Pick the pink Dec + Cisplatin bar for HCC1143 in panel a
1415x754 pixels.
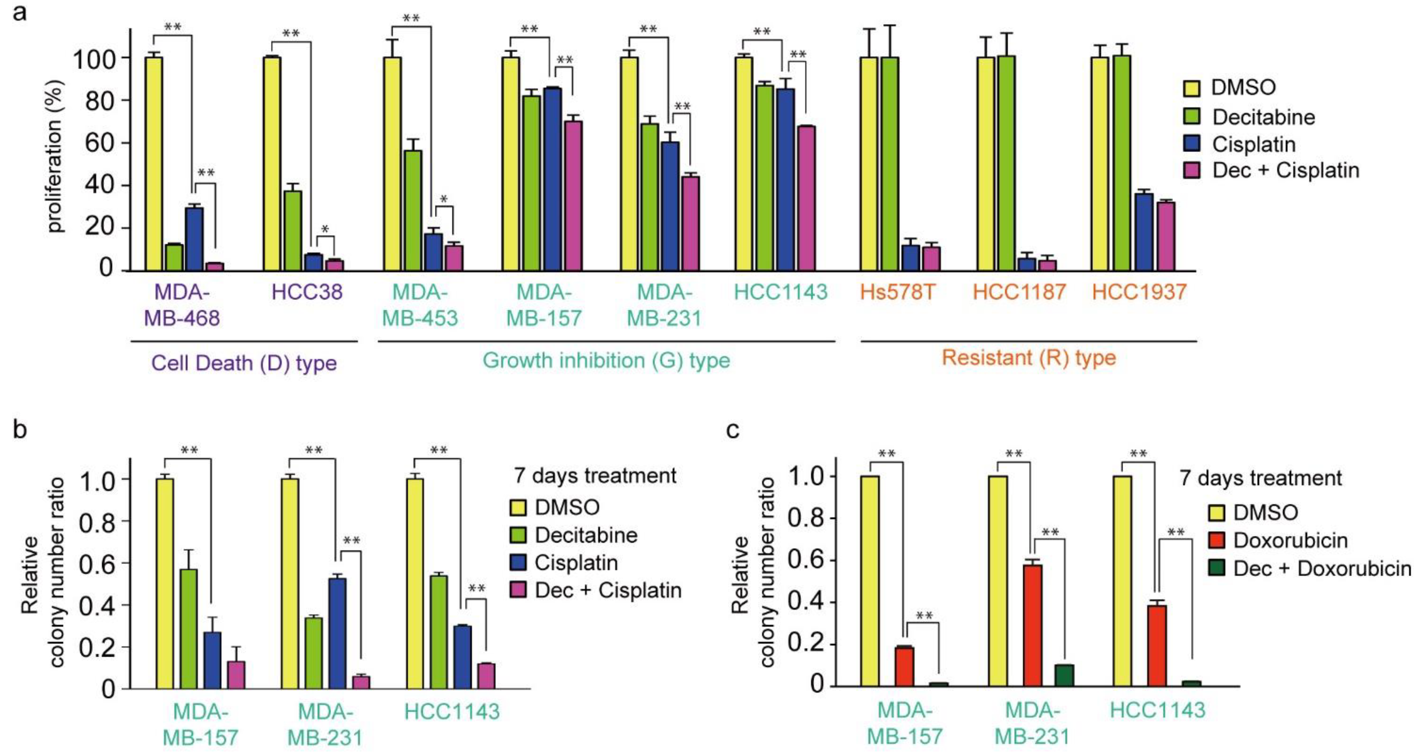(x=806, y=198)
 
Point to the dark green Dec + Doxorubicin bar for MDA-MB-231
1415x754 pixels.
(x=1064, y=676)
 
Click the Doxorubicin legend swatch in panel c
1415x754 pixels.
(x=1217, y=541)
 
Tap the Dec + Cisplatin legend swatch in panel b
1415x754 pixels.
(x=518, y=590)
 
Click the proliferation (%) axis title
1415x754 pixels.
(x=55, y=157)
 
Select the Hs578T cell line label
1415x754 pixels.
(x=898, y=292)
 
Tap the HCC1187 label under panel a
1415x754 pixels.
(x=1019, y=292)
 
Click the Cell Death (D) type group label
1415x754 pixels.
(x=244, y=363)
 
